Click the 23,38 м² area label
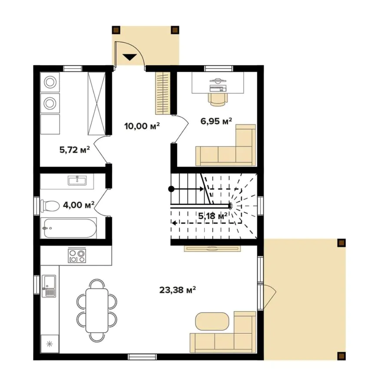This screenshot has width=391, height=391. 177,290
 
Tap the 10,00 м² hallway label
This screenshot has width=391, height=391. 142,126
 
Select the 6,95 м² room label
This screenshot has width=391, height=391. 216,121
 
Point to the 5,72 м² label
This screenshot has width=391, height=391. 75,150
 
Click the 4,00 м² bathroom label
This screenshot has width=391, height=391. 79,205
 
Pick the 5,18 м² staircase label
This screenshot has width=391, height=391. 213,216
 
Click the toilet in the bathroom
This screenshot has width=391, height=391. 50,206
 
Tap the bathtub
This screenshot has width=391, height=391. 69,228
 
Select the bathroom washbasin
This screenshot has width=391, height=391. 77,180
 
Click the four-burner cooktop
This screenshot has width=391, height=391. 77,256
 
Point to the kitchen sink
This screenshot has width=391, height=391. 49,286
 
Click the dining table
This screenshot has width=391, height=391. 97,311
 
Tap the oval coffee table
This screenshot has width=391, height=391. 212,321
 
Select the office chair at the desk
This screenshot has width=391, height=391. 218,99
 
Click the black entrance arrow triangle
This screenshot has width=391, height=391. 130,57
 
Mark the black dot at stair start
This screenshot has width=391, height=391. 171,189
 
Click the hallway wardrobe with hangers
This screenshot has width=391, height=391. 162,93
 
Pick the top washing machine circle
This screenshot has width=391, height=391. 50,82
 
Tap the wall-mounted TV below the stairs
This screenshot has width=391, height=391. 212,249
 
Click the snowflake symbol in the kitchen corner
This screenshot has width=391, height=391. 50,344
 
